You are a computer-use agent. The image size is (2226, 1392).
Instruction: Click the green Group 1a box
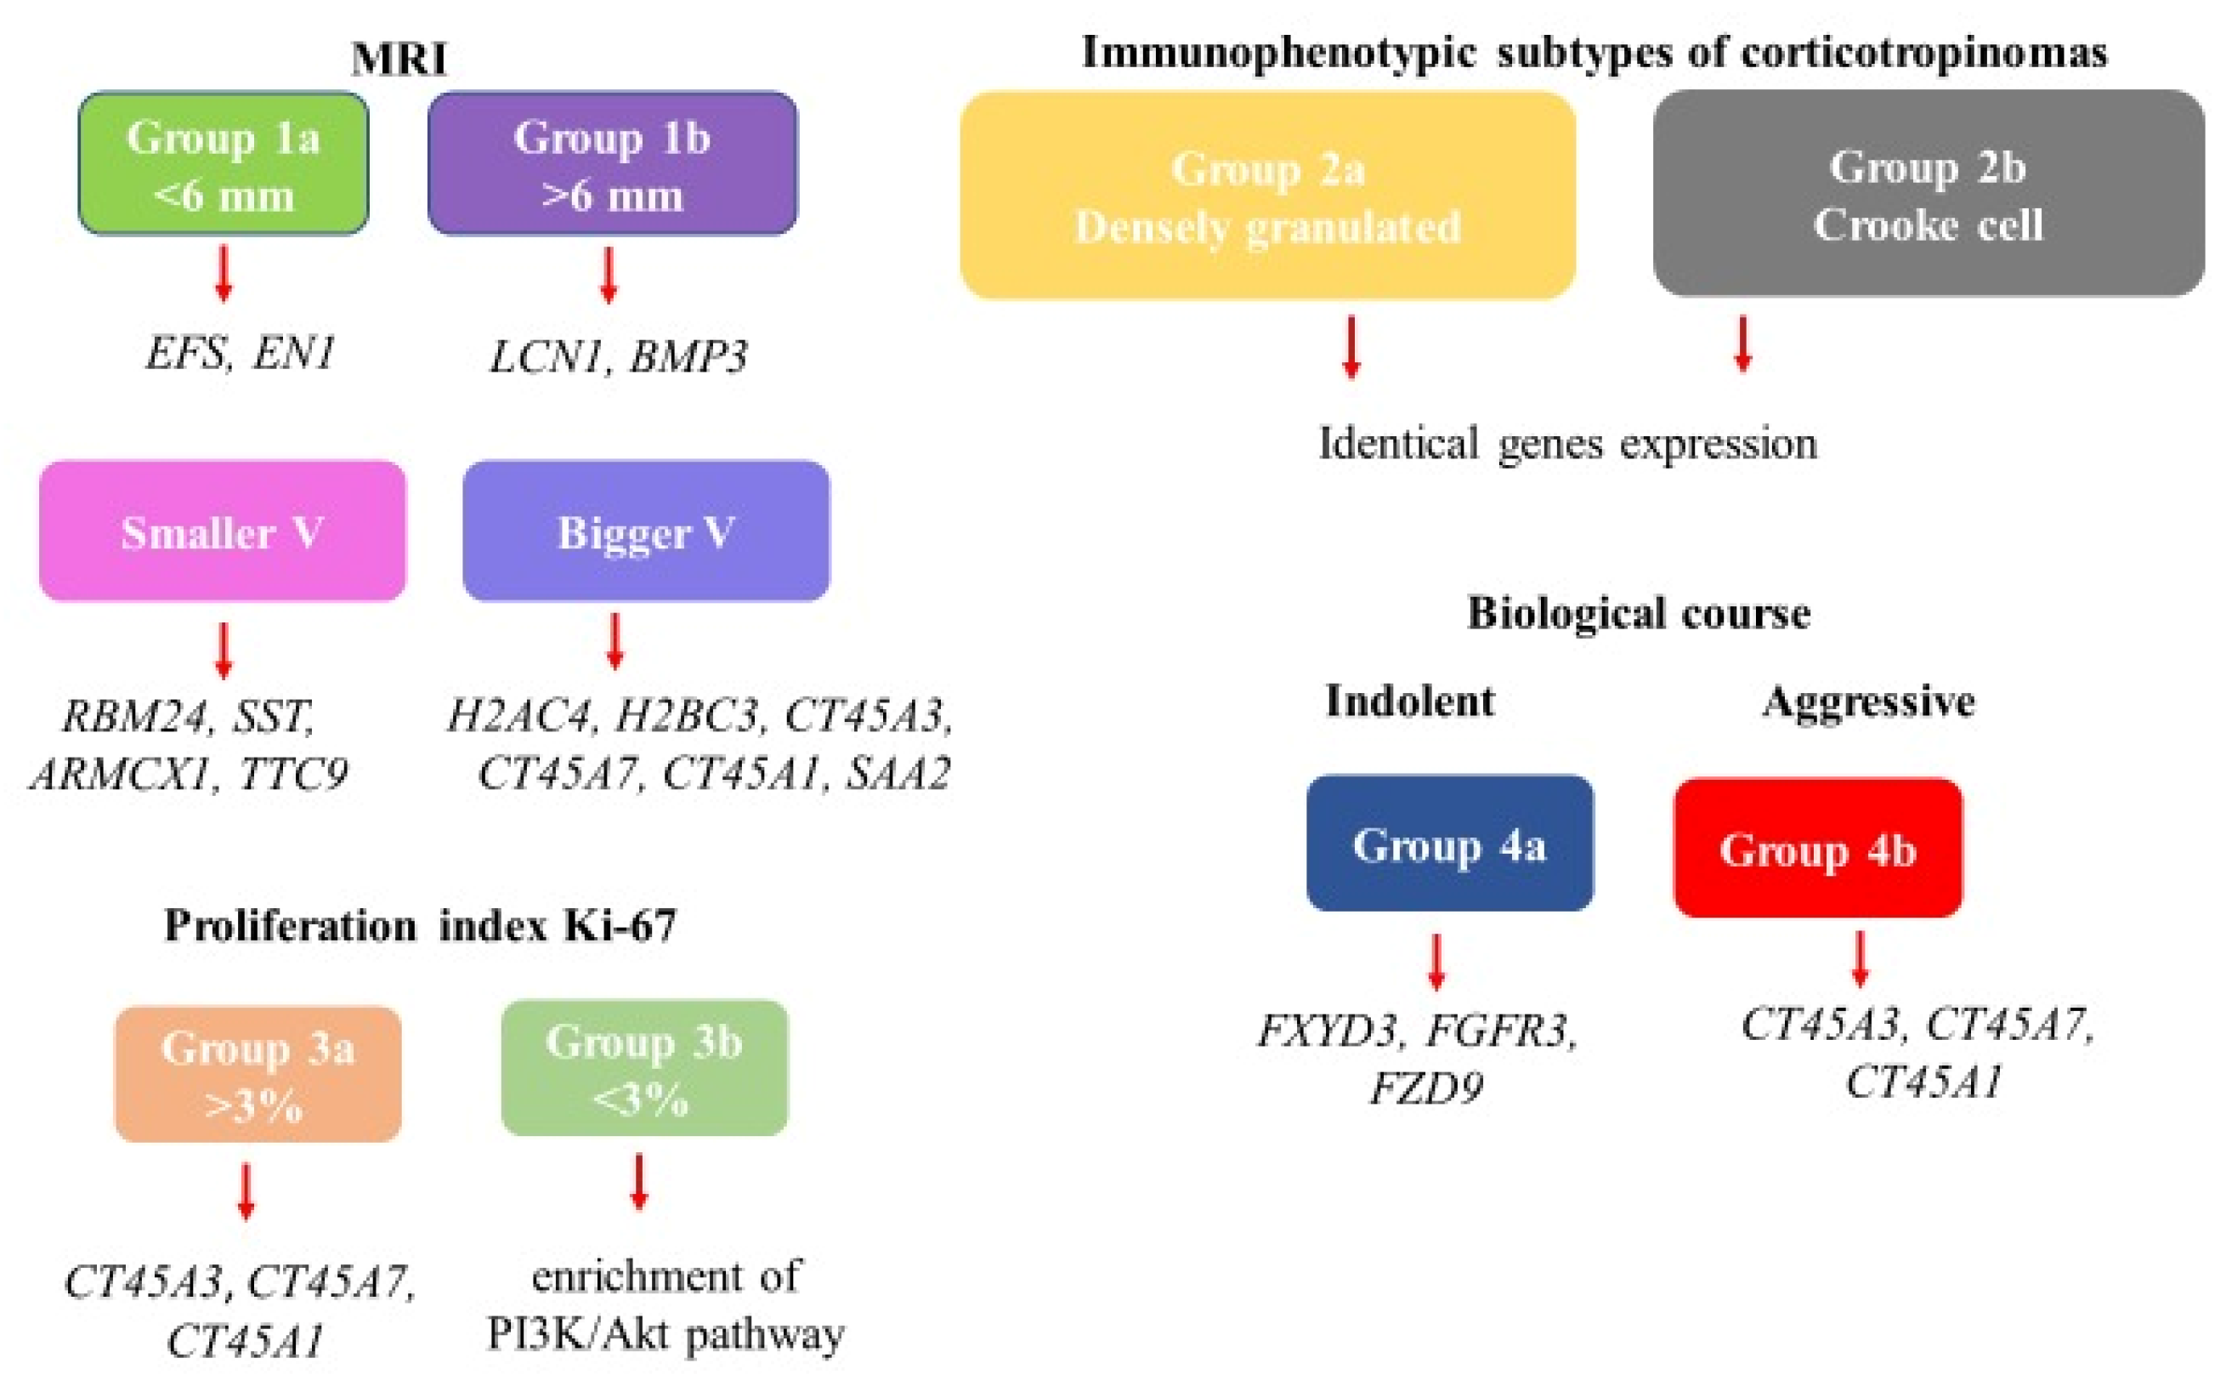(x=223, y=164)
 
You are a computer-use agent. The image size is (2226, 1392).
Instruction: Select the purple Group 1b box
(x=612, y=164)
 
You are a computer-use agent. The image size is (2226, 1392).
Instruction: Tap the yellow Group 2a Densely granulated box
(x=1267, y=196)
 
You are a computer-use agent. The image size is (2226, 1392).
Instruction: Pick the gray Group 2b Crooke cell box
(x=1928, y=193)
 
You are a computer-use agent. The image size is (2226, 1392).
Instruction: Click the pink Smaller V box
(x=222, y=532)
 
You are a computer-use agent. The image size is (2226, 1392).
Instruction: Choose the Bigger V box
(x=645, y=532)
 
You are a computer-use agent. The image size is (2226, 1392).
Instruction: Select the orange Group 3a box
(x=258, y=1074)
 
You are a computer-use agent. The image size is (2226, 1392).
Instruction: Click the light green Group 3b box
(x=644, y=1069)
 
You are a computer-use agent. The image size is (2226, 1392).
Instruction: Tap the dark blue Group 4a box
(x=1449, y=844)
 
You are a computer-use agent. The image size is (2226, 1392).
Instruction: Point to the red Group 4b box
(x=1817, y=848)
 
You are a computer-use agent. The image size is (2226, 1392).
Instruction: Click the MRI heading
(x=399, y=59)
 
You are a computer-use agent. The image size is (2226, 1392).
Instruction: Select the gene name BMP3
(x=688, y=357)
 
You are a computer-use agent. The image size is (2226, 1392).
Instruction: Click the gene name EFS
(x=187, y=353)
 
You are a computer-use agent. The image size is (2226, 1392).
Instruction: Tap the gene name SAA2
(x=898, y=772)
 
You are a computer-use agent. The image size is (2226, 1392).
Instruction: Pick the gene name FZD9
(x=1425, y=1089)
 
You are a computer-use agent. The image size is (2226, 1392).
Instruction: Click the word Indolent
(x=1409, y=702)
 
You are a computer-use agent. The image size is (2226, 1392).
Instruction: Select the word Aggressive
(x=1868, y=702)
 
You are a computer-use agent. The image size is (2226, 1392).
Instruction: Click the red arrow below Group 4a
(x=1436, y=961)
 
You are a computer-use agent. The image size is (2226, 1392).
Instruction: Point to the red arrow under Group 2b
(x=1742, y=344)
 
